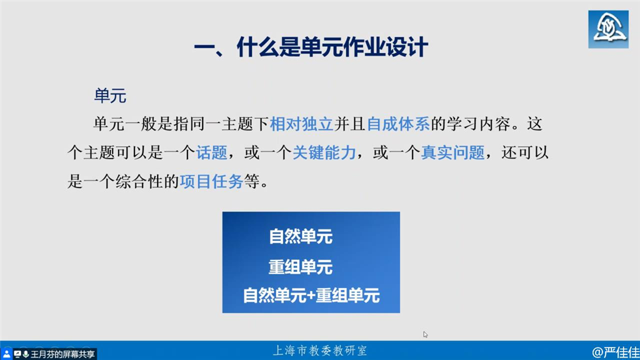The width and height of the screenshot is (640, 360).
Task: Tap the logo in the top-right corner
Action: pos(608,29)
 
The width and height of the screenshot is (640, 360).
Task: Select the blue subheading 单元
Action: pos(110,96)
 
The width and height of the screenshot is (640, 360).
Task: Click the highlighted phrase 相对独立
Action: pos(302,124)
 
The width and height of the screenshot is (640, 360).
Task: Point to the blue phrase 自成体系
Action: pos(398,124)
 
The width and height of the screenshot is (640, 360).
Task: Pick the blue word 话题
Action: pos(211,152)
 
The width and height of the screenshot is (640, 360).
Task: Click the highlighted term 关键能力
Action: pos(324,152)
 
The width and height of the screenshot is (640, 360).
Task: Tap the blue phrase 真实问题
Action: pos(452,152)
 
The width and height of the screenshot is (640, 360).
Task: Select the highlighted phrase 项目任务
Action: pos(211,182)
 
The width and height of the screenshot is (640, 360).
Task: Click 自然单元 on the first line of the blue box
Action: pos(301,237)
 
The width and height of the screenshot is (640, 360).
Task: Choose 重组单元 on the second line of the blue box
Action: pos(301,267)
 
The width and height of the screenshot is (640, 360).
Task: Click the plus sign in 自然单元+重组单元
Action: pos(311,296)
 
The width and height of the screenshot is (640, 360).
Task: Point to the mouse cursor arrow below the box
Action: pos(425,334)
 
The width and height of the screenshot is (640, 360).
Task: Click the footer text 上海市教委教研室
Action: pos(320,350)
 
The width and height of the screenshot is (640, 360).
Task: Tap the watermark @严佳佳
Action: pos(616,352)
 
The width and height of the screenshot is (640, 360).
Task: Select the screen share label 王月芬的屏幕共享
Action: pos(62,354)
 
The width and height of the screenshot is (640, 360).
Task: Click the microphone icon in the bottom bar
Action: pos(26,354)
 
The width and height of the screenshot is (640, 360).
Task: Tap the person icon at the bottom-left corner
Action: pos(6,354)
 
